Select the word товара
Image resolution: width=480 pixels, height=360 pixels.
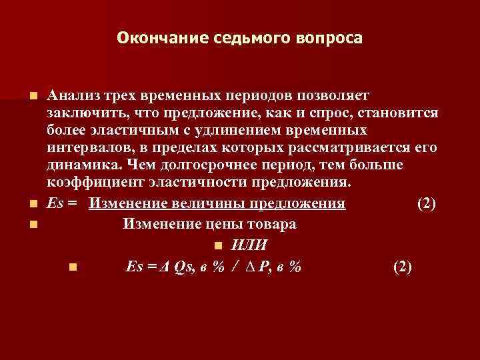tap(271, 224)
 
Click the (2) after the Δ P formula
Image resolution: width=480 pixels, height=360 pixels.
tap(403, 267)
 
